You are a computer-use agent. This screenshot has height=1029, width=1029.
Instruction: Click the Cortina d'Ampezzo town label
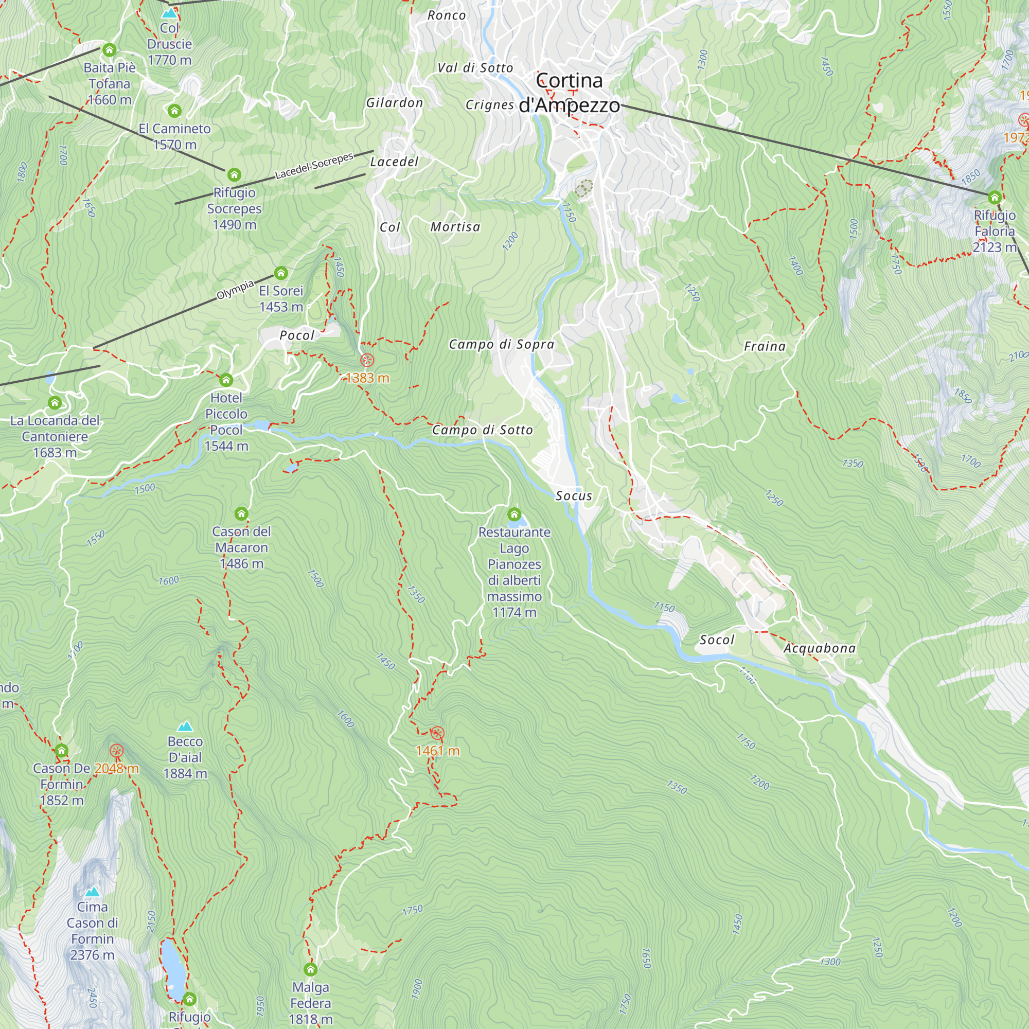[x=570, y=93]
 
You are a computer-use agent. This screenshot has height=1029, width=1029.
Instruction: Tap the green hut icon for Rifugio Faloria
[x=995, y=198]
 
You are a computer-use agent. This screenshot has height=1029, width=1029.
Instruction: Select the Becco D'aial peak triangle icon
[x=185, y=726]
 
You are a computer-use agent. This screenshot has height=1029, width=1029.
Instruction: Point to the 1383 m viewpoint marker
[x=367, y=361]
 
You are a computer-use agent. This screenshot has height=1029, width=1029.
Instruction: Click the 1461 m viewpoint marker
[x=437, y=733]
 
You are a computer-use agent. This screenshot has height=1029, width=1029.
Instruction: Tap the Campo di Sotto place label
[x=482, y=430]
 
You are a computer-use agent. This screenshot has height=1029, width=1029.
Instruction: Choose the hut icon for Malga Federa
[x=311, y=969]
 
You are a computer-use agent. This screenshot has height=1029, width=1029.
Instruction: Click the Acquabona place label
[x=819, y=648]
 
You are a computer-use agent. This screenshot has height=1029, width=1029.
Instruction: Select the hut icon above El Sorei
[x=281, y=274]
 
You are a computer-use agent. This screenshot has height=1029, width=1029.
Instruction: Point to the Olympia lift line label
[x=235, y=290]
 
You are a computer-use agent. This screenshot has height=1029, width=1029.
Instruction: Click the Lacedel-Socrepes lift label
[x=314, y=166]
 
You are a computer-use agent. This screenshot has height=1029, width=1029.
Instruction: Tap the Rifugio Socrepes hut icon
[x=234, y=175]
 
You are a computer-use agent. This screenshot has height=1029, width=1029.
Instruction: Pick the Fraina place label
[x=765, y=347]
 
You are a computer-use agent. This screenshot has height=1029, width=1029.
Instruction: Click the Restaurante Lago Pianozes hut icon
[x=514, y=514]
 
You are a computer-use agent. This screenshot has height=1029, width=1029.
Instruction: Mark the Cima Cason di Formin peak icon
[x=92, y=892]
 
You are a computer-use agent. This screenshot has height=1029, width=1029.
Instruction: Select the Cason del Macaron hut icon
[x=241, y=514]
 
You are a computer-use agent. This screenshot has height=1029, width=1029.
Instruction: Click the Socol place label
[x=717, y=640]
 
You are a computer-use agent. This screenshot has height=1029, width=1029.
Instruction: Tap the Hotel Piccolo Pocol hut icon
[x=226, y=380]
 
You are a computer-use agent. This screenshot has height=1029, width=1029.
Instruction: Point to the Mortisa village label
[x=455, y=227]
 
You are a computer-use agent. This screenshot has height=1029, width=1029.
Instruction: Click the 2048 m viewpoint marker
[x=116, y=752]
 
